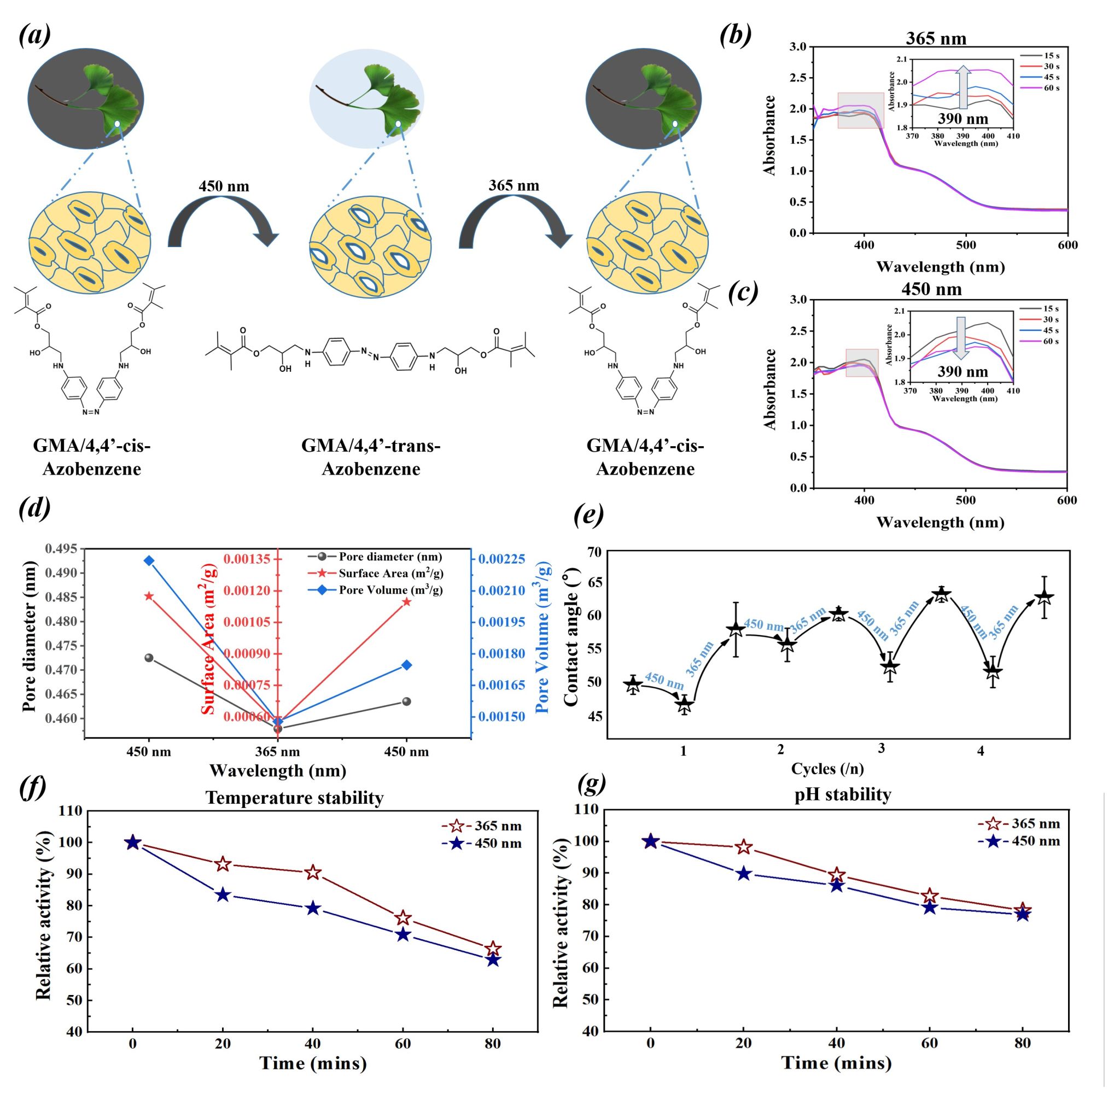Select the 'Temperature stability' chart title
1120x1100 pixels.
(294, 798)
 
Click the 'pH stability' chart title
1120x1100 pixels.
(842, 794)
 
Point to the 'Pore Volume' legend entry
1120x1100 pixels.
(389, 590)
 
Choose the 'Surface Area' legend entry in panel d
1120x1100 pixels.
(390, 573)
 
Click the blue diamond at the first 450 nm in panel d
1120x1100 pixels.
(149, 561)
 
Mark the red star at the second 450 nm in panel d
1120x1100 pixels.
(406, 602)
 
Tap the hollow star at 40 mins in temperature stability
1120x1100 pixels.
(313, 873)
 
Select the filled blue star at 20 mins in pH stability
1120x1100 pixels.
(744, 874)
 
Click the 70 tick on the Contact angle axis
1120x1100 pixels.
(593, 552)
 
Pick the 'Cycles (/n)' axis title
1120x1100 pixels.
(827, 768)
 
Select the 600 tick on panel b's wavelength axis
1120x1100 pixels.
(1067, 245)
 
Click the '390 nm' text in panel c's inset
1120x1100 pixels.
(963, 371)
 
